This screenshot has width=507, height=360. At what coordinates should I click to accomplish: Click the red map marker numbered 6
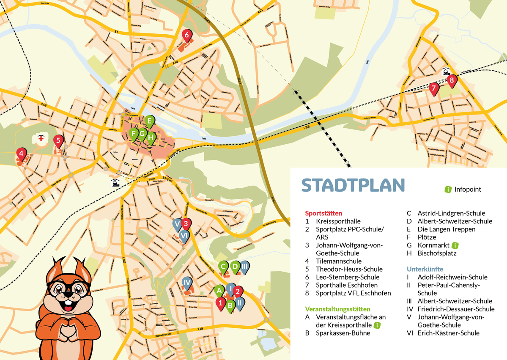click(x=186, y=36)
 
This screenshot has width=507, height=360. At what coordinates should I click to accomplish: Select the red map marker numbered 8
click(x=452, y=79)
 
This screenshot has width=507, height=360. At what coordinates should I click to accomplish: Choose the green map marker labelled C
click(x=223, y=266)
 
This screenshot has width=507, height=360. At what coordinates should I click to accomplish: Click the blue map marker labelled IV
click(x=187, y=282)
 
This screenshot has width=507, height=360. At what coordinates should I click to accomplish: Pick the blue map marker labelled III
click(x=244, y=266)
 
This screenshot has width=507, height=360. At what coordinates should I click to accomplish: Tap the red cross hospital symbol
click(x=41, y=138)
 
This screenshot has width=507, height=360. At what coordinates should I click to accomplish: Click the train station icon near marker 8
click(x=446, y=71)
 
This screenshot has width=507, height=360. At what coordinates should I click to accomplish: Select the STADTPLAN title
click(x=353, y=185)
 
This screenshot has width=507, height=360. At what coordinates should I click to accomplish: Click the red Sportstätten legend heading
click(x=323, y=213)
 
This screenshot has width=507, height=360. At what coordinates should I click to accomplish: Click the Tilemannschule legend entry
click(x=339, y=261)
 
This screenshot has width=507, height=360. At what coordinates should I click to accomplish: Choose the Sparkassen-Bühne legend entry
click(x=343, y=333)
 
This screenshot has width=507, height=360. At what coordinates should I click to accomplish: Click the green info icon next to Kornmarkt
click(x=455, y=245)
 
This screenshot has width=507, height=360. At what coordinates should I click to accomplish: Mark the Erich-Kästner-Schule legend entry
click(x=448, y=333)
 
